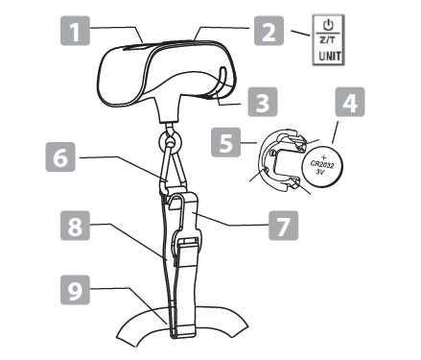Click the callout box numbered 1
coord(75,31)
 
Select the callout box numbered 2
coord(269,31)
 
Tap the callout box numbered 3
coord(263,102)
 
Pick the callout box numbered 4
coord(350,102)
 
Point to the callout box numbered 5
coord(226,142)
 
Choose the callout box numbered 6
coord(60,157)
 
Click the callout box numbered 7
coord(284,226)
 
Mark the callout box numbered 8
coord(75,226)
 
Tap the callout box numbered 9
coord(75,290)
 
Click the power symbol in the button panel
coord(328,25)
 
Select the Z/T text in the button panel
coord(328,40)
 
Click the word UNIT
coord(330,57)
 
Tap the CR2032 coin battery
coord(323,166)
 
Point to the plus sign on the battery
coord(325,156)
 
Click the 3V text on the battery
coord(320,172)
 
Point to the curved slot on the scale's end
coord(221,83)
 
